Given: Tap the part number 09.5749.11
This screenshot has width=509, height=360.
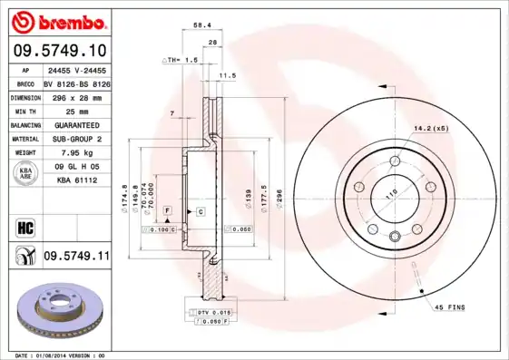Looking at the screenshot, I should coord(75,257).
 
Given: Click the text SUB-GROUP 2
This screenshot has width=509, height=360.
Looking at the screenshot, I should coord(70,139).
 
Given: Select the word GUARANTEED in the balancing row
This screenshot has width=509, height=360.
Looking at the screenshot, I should coord(70,124).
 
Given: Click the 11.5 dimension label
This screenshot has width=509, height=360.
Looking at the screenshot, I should coord(228,75).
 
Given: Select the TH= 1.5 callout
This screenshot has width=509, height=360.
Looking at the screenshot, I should coord(181,60).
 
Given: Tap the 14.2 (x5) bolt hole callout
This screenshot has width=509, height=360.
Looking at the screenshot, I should coord(430,128).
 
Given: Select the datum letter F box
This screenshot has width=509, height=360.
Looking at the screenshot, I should coord(167,209).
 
